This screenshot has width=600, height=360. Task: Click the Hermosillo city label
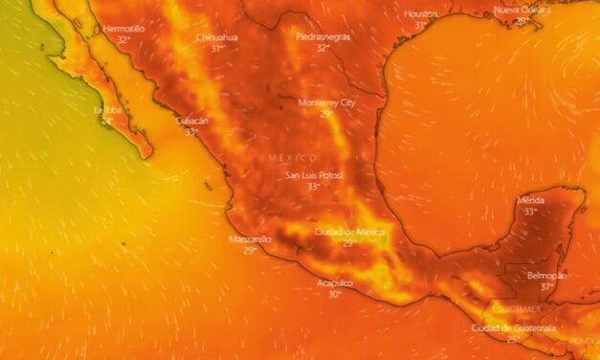tap(123, 29)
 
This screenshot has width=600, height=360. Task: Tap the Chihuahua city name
tap(216, 36)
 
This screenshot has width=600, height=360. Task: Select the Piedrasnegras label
tap(322, 36)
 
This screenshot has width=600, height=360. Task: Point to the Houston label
tap(421, 14)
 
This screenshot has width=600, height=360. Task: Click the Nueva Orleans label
tap(522, 10)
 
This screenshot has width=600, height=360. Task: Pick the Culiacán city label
tap(191, 121)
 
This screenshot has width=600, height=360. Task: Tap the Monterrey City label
tap(326, 102)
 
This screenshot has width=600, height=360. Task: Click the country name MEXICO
tap(292, 157)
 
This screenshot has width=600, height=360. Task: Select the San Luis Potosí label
tap(314, 175)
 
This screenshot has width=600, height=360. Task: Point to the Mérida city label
tap(530, 200)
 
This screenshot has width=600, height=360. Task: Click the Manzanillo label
tap(250, 238)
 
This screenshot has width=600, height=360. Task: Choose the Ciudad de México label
tap(349, 232)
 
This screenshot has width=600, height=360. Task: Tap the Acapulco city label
tap(335, 283)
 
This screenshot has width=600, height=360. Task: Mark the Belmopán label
tap(546, 275)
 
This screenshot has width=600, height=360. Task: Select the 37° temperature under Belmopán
tap(546, 286)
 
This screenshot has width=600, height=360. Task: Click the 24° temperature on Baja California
tap(107, 122)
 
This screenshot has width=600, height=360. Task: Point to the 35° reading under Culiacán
tap(191, 132)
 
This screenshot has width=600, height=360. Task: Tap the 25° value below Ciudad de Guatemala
tap(513, 339)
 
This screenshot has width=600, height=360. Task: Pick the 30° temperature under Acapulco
tap(335, 295)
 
